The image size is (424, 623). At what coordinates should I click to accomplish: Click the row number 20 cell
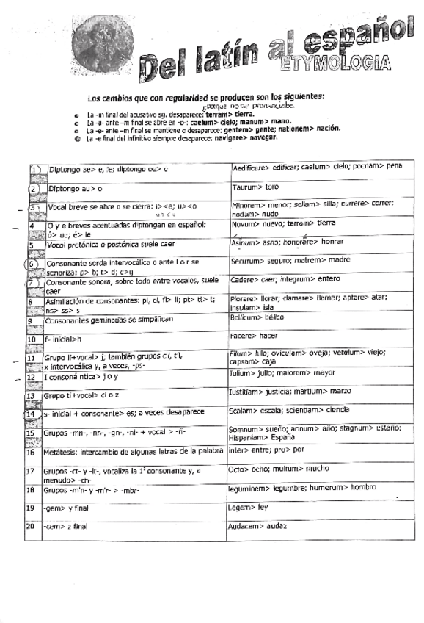31,526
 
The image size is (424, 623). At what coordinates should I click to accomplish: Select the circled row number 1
34,170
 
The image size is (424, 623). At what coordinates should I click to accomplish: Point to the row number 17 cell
31,470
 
